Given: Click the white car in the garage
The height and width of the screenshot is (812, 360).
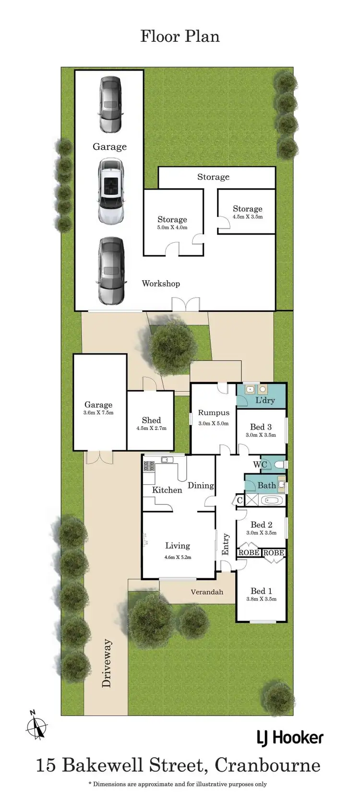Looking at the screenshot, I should pos(111,191).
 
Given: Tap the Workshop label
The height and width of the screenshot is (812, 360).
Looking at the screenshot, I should pos(161,284).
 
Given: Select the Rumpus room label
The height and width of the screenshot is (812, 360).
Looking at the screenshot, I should pos(214,413).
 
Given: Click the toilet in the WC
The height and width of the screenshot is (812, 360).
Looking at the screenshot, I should pos(279,464).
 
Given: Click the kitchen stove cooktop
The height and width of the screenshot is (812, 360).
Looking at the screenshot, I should pos(149,465).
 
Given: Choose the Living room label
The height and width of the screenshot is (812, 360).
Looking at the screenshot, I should pos(178,546).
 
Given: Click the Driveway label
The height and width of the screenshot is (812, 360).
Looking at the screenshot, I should pos(107,663).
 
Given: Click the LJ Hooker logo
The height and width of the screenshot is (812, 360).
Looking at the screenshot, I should pos(290,738).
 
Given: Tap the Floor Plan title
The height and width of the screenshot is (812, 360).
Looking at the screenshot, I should pos(180,36).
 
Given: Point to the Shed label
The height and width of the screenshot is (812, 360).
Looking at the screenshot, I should pos(151,420).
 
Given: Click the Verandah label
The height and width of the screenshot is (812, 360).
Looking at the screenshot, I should pos(207,592).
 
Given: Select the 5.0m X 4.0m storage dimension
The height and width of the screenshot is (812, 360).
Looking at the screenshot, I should pos(172,227).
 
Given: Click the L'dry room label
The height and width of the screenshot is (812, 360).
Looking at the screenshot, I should pos(265,400).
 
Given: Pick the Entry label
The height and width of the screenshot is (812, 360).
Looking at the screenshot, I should pos(226,545).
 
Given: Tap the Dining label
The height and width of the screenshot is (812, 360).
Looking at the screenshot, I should pos(201,485).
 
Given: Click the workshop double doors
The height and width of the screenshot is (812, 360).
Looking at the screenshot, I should pos(185,304).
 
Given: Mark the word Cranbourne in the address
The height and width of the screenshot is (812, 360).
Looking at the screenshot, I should pos(267,765).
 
